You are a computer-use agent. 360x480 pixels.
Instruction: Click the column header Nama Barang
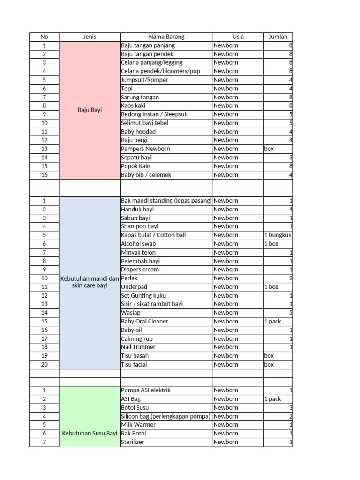pos(166,37)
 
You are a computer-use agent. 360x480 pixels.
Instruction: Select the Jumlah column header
pos(278,37)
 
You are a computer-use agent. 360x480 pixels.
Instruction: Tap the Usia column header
pos(238,37)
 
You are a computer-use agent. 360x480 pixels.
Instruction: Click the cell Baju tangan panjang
pos(148,45)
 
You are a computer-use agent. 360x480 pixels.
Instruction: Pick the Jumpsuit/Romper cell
pos(144,80)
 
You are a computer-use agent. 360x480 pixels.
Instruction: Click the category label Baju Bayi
pos(90,110)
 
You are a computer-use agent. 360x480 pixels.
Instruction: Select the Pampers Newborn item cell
pos(145,149)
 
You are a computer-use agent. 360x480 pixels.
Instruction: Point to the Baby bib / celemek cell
pos(146,175)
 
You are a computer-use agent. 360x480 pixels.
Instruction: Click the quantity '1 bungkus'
pos(277,235)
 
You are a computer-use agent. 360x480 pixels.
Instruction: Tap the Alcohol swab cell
pos(138,244)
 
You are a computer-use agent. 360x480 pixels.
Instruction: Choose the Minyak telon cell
pos(138,252)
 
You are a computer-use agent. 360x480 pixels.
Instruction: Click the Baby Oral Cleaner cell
pos(144,321)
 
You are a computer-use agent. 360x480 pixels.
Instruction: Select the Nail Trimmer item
pos(138,347)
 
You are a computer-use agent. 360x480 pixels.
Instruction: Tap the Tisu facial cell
pos(134,364)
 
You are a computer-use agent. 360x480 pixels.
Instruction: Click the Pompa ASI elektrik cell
pos(146,390)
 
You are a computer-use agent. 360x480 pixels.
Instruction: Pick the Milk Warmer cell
pos(138,425)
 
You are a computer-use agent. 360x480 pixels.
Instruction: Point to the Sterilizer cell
pos(133,442)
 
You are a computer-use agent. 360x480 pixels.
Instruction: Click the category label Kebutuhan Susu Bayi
pos(90,433)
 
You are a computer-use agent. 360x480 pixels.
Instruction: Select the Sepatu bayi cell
pos(136,157)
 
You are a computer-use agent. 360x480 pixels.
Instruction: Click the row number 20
pos(44,364)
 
